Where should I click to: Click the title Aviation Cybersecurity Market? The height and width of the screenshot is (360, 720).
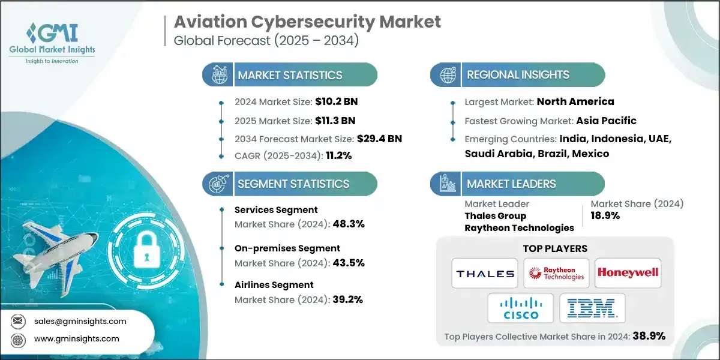click(x=307, y=22)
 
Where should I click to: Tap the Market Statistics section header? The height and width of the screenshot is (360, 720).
click(x=290, y=75)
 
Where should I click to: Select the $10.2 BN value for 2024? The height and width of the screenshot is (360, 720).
click(x=338, y=101)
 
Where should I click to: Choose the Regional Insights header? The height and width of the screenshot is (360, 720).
click(x=518, y=75)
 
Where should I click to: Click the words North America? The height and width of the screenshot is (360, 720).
click(x=575, y=101)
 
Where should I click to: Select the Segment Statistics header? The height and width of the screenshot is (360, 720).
click(x=293, y=184)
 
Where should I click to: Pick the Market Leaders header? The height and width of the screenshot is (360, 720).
click(x=511, y=184)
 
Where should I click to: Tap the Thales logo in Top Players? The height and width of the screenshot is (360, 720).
click(x=485, y=274)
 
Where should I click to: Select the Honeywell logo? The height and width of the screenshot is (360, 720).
click(x=628, y=274)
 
